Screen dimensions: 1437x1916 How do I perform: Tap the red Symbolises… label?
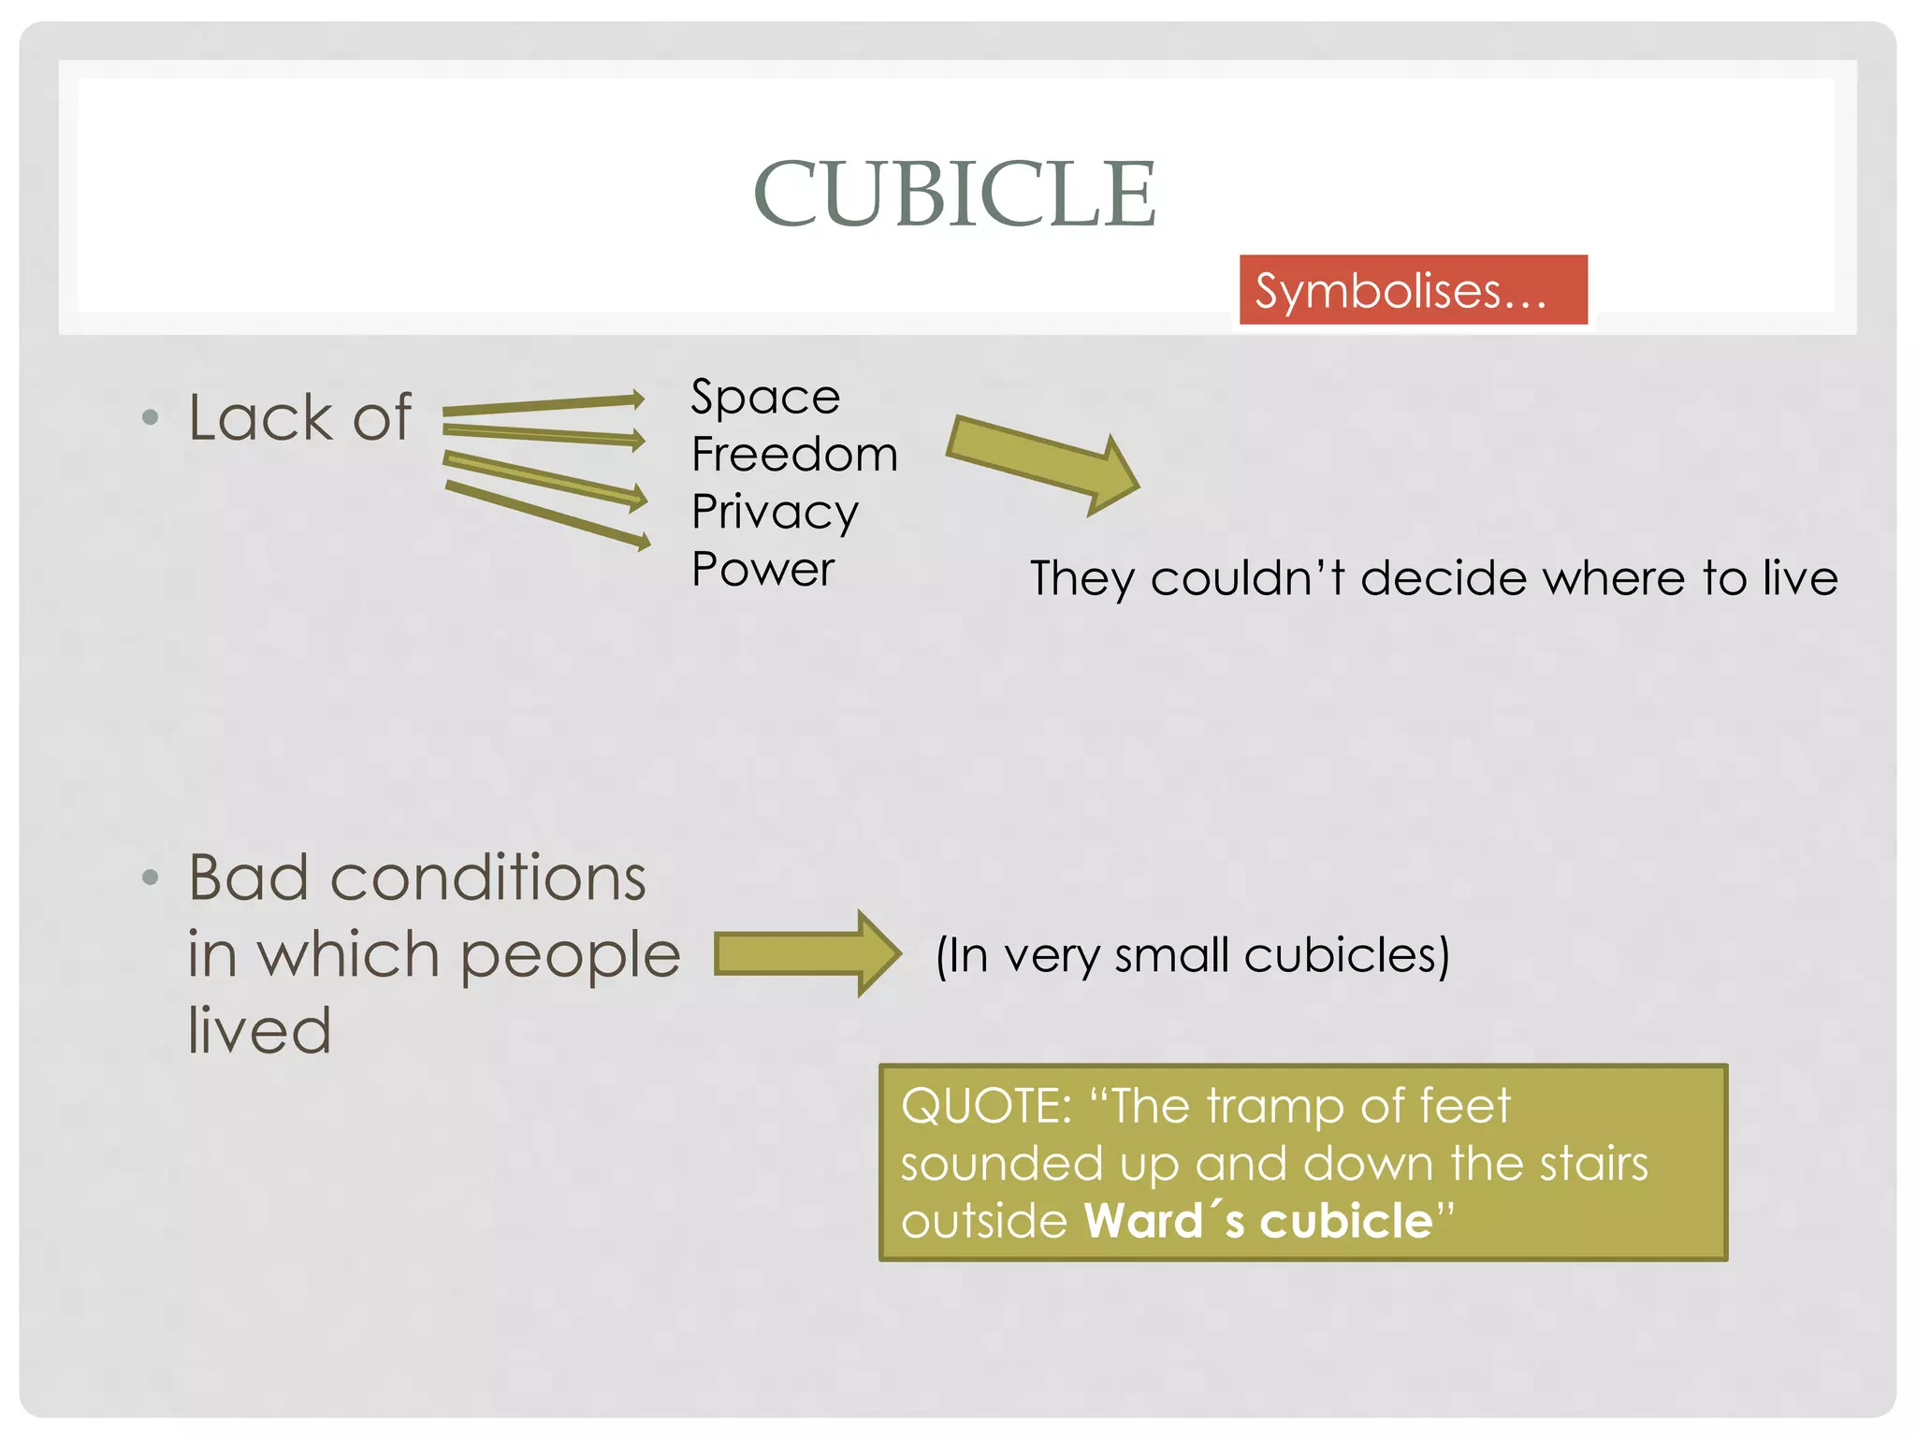(1401, 291)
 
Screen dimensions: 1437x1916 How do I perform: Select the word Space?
(765, 398)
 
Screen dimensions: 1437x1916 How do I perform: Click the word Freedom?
(794, 455)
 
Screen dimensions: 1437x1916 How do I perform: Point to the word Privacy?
(775, 513)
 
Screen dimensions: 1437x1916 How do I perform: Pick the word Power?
(762, 570)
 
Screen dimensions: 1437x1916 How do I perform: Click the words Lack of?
(299, 417)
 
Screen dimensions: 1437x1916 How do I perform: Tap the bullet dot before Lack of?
(150, 417)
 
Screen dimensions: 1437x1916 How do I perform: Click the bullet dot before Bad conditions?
(150, 878)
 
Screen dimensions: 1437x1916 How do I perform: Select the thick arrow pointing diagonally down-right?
(1043, 463)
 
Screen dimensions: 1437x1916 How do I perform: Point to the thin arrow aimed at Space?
(543, 405)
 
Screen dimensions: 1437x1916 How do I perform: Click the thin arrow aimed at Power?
(547, 514)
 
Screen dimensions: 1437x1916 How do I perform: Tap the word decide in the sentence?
(1444, 579)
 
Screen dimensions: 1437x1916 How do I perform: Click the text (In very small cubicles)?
(1192, 956)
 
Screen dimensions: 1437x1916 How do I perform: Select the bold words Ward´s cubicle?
(1258, 1221)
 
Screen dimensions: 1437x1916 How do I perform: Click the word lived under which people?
(259, 1030)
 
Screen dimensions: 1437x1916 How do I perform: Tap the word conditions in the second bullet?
(487, 878)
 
